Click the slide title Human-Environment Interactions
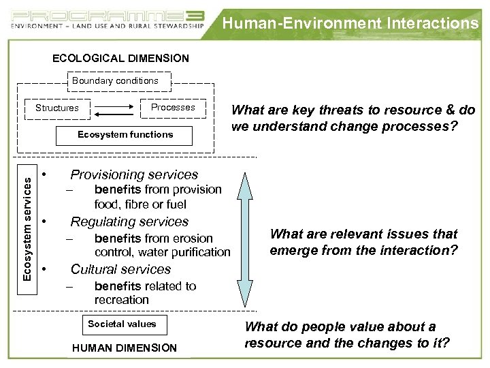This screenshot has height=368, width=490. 350,23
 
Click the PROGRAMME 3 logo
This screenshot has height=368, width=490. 108,18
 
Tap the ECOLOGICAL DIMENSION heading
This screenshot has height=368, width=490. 121,59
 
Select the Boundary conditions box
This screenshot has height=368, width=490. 116,80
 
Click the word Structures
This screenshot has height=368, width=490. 57,108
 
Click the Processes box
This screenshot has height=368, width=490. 173,107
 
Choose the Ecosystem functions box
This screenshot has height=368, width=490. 125,135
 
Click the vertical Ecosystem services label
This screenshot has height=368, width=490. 26,221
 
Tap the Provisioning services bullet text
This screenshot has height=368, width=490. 134,175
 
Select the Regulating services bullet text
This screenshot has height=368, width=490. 129,222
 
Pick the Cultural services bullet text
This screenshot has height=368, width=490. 120,269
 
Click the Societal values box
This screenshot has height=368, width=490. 122,324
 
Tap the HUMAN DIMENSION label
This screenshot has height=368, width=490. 124,348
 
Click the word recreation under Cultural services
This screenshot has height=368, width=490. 122,300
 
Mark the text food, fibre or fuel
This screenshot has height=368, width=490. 140,204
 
